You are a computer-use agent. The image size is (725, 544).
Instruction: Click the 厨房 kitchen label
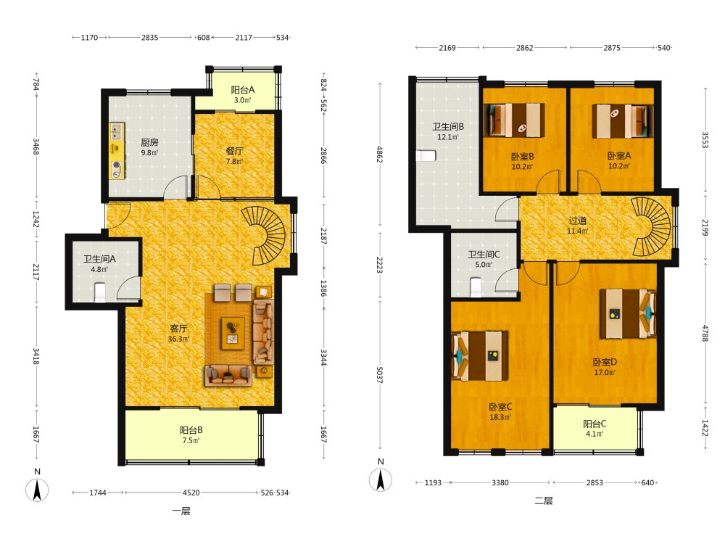click(x=149, y=142)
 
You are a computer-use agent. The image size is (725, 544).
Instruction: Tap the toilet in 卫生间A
click(x=100, y=292)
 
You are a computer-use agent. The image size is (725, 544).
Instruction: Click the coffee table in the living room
click(x=233, y=333)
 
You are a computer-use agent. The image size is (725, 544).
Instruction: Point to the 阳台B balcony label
click(x=191, y=430)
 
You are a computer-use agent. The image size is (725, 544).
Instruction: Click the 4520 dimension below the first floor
click(x=191, y=493)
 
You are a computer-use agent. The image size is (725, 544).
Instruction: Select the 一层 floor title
click(x=181, y=511)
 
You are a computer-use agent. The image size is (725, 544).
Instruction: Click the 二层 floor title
click(x=544, y=500)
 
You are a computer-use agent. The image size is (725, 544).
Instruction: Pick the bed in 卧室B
click(x=514, y=120)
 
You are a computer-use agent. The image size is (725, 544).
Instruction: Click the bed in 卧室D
click(x=628, y=313)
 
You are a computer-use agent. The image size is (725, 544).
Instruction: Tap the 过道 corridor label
click(x=578, y=221)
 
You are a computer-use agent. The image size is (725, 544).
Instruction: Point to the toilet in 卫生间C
click(x=476, y=287)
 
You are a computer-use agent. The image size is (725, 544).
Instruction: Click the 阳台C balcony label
click(x=594, y=424)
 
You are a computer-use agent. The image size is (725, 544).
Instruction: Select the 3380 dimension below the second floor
click(x=500, y=483)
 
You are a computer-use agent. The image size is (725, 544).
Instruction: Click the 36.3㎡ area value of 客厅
click(x=178, y=339)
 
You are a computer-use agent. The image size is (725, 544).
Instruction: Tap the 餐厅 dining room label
click(x=234, y=152)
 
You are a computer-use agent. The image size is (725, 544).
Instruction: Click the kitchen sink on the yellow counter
click(x=117, y=132)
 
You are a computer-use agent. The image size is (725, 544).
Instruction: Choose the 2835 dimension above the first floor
click(x=150, y=38)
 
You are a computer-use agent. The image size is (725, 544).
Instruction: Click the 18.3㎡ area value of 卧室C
click(x=500, y=417)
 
